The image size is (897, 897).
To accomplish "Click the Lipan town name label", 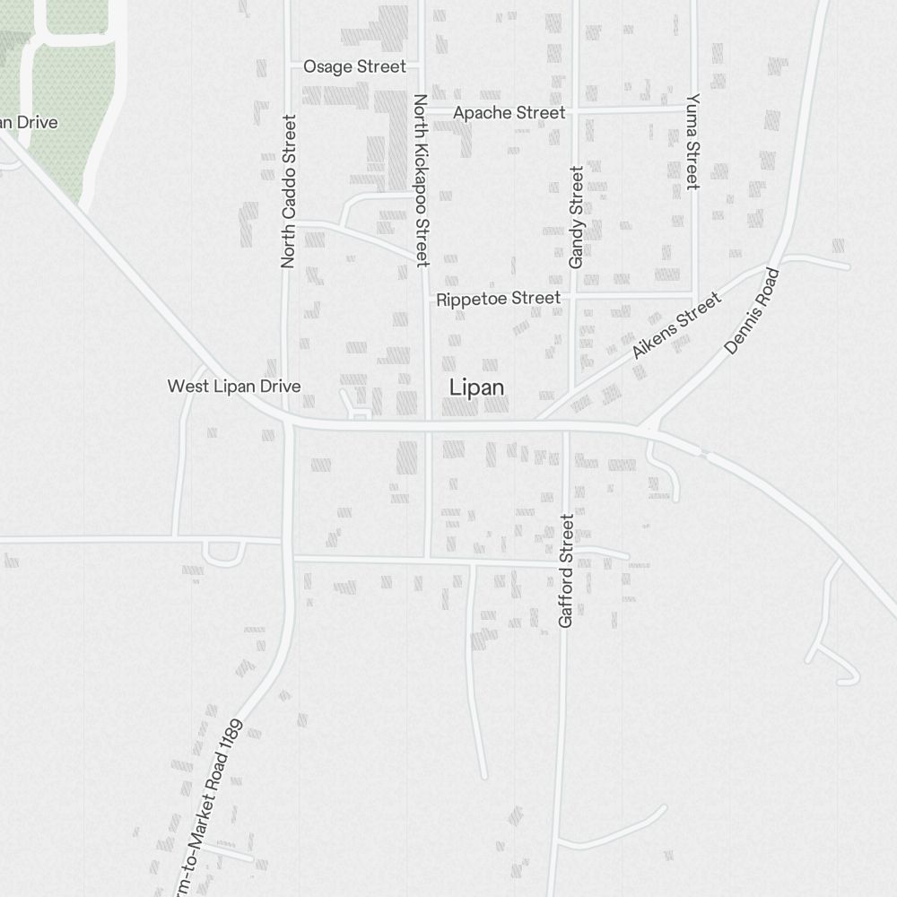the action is pos(476,388).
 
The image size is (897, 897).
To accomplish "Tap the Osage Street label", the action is pos(354,66).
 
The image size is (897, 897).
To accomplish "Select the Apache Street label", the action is pos(509,113).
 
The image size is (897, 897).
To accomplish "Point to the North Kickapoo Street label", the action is pos(421,179).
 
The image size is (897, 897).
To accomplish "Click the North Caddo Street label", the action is pos(288,191).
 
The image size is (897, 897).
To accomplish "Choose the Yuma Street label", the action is pos(692,141).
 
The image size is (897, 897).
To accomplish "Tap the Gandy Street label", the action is pos(576,216).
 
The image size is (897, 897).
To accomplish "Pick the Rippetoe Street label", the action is pos(498,299).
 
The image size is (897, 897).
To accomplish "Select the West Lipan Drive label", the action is pos(234,387).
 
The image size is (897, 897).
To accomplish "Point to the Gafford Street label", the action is pos(565,570).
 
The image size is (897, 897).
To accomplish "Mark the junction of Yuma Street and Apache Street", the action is pos(693,109).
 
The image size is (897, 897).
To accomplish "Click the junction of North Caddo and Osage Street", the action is pos(288,65).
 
